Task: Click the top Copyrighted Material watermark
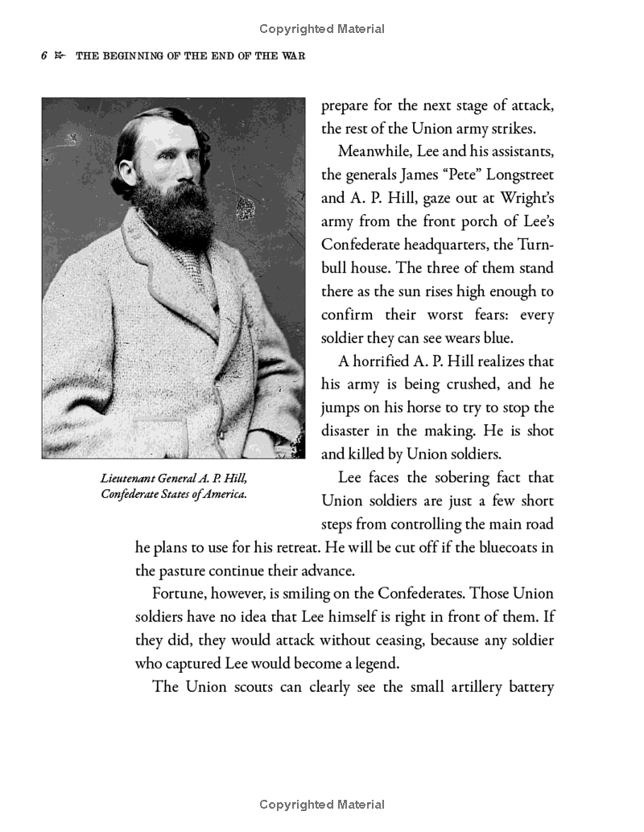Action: point(322,29)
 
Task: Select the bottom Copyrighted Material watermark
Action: point(322,805)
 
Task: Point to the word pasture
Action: point(185,571)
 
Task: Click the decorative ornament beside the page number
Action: point(59,57)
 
